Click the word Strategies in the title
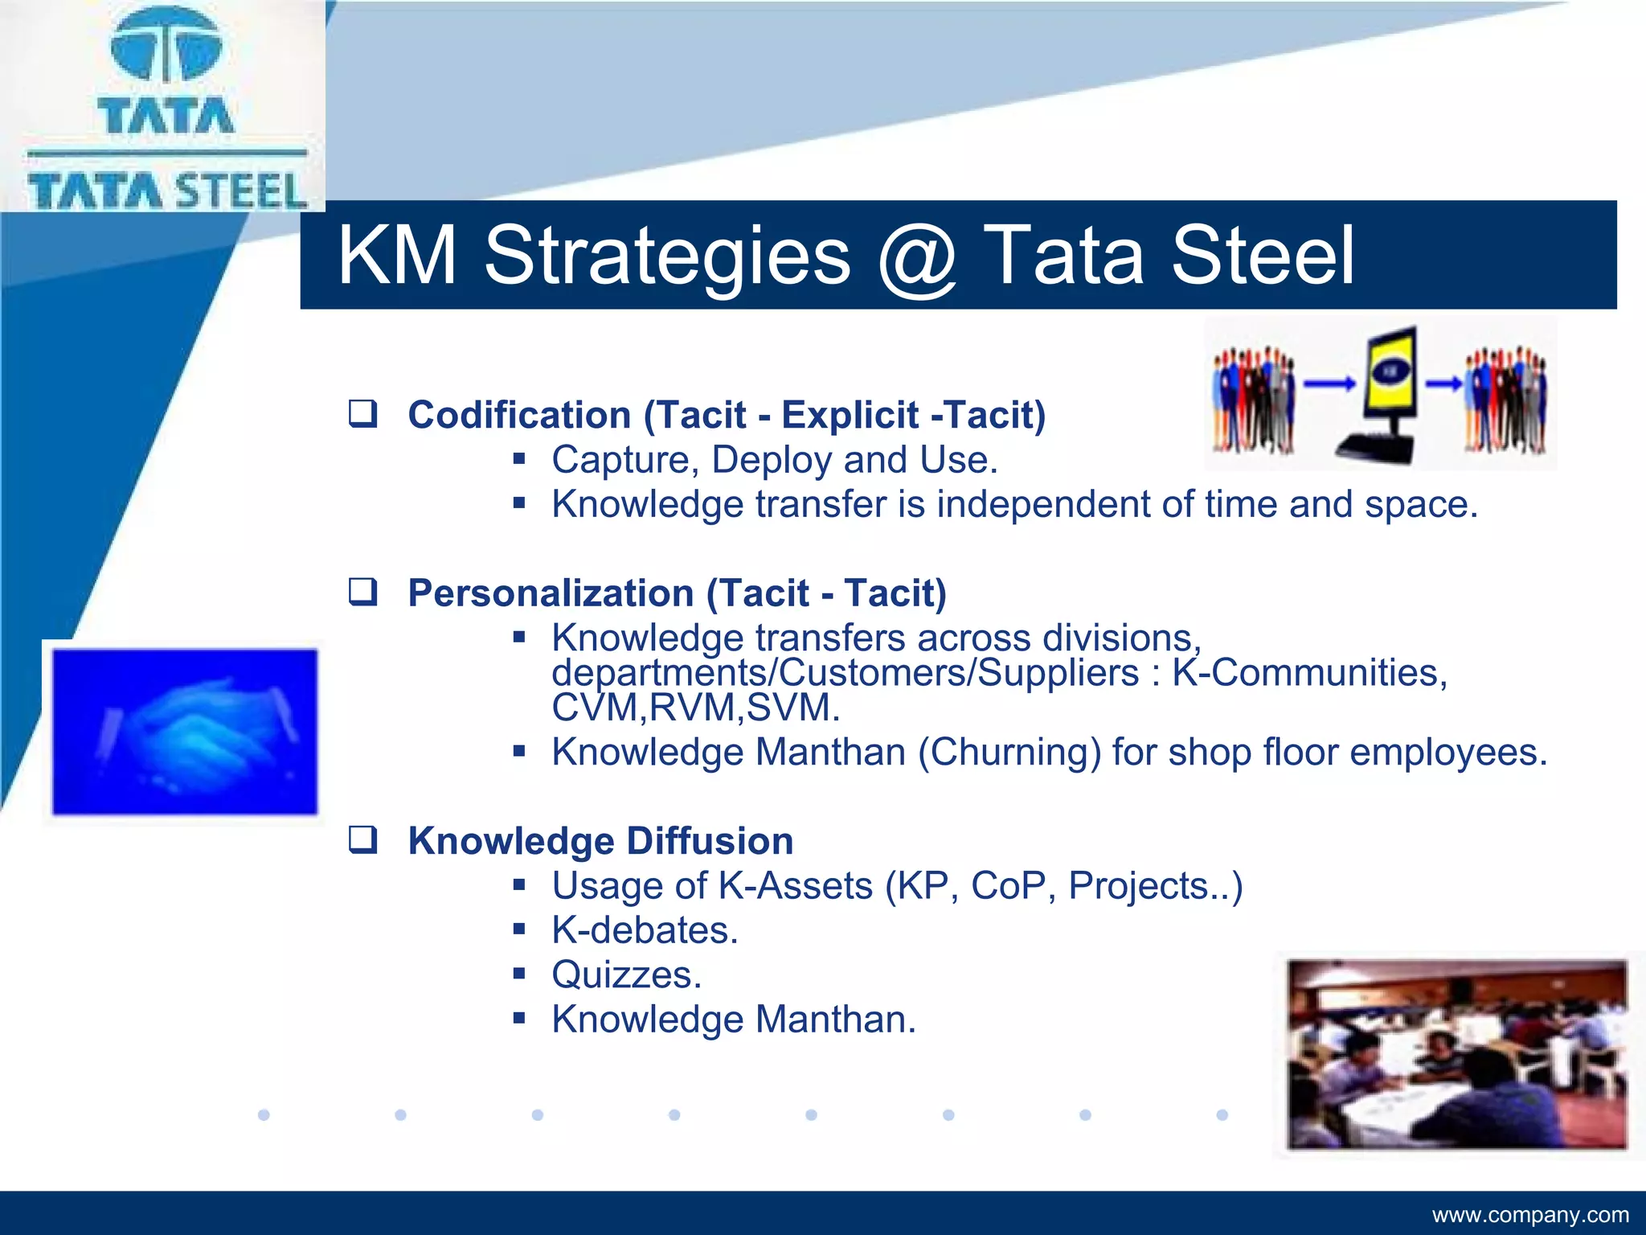[666, 256]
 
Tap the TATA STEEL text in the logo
[167, 191]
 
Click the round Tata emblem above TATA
[166, 47]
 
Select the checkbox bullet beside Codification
[362, 414]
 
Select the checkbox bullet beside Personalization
[362, 593]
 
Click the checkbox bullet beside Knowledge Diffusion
[362, 840]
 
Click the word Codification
[519, 415]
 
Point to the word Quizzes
[626, 974]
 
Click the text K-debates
[645, 930]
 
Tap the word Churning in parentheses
[1009, 753]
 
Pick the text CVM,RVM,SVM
[695, 708]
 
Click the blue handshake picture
[185, 732]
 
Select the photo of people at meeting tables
[1456, 1054]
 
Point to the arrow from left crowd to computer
[1328, 384]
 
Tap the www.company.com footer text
[1529, 1214]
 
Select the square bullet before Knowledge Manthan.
[519, 1019]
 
